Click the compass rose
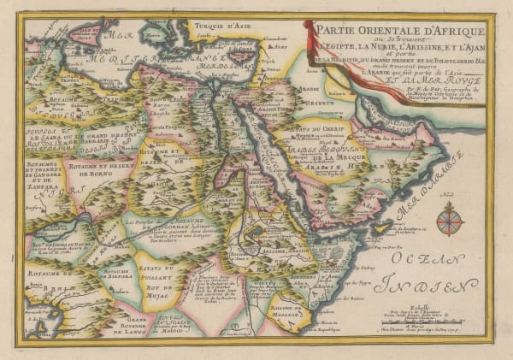(449, 218)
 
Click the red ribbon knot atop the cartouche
(309, 28)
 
